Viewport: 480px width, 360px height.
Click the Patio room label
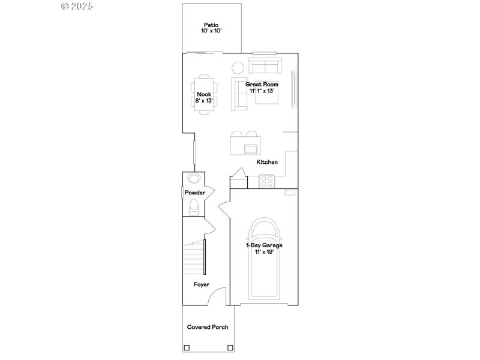click(x=212, y=28)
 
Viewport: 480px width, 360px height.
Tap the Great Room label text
click(x=262, y=88)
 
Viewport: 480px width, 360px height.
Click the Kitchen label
click(x=267, y=163)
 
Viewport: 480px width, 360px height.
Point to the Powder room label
click(x=195, y=193)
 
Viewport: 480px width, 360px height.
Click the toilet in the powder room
click(x=194, y=208)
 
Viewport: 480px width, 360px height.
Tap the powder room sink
click(x=194, y=179)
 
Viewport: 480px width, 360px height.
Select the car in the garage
click(x=263, y=258)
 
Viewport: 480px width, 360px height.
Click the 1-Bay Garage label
click(x=263, y=248)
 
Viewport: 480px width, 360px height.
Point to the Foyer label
click(x=201, y=284)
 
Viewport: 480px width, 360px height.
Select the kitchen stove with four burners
click(x=266, y=180)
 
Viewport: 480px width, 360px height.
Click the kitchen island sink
click(x=250, y=148)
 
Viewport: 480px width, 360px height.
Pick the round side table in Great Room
click(x=238, y=67)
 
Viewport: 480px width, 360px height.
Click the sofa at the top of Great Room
click(x=265, y=65)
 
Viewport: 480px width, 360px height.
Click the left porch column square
click(x=187, y=347)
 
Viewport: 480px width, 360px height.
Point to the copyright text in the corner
click(x=78, y=6)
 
